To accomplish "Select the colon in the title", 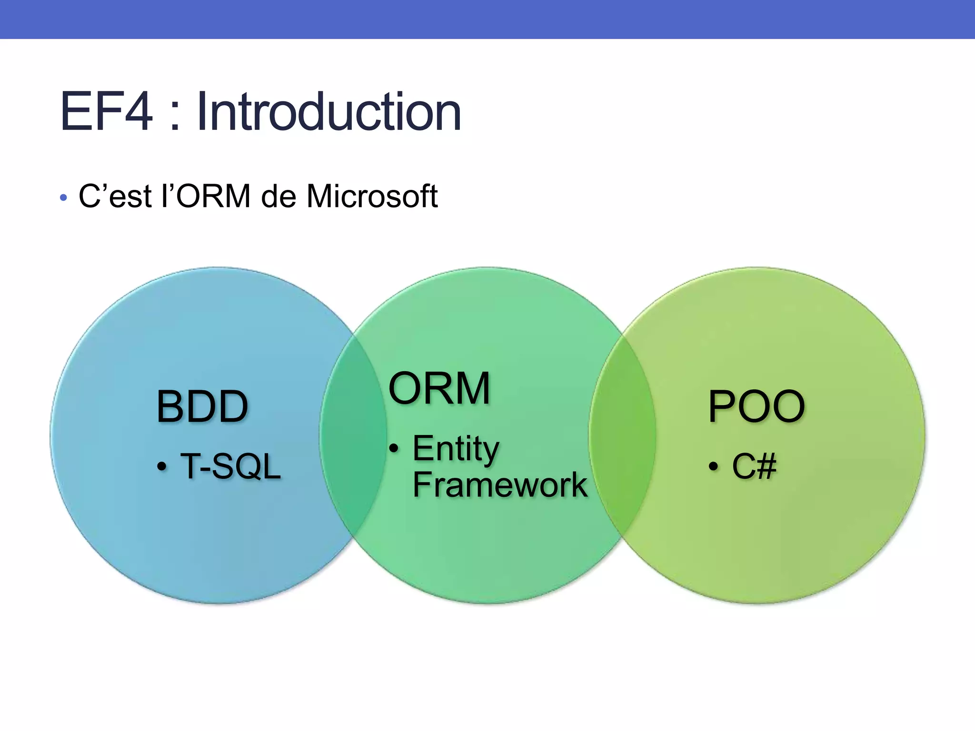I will pyautogui.click(x=175, y=114).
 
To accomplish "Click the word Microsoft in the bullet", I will pyautogui.click(x=371, y=196).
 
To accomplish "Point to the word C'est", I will pyautogui.click(x=115, y=196).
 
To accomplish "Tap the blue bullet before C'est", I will pyautogui.click(x=63, y=198).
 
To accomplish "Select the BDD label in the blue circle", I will pyautogui.click(x=202, y=406).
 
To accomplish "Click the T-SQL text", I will pyautogui.click(x=230, y=466).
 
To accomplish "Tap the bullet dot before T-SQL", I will pyautogui.click(x=162, y=467).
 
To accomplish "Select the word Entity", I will pyautogui.click(x=456, y=449).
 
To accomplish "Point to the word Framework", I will pyautogui.click(x=499, y=485).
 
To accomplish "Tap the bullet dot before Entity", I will pyautogui.click(x=394, y=448).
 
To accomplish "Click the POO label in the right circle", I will pyautogui.click(x=756, y=406).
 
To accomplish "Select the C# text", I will pyautogui.click(x=754, y=466).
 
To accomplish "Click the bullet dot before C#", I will pyautogui.click(x=713, y=467).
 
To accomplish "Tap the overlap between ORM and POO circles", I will pyautogui.click(x=622, y=435).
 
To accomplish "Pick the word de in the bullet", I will pyautogui.click(x=279, y=196).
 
